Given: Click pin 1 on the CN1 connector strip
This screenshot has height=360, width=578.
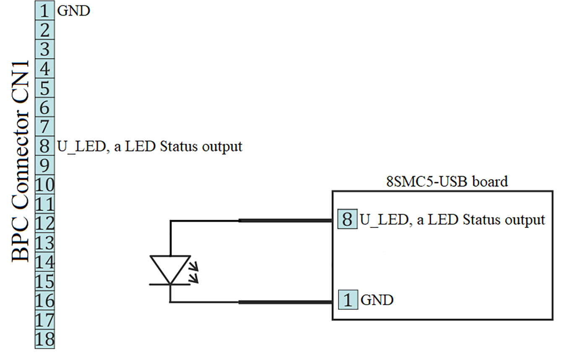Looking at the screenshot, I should point(44,10).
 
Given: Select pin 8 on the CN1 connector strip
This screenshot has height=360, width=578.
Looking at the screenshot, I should point(44,146).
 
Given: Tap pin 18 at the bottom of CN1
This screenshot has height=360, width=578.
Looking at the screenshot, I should point(44,339).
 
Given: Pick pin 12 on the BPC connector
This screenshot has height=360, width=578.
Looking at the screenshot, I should point(44,223).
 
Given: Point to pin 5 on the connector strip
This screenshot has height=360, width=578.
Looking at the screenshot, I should point(44,88).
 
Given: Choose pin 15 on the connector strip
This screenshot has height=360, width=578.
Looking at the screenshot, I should point(44,281).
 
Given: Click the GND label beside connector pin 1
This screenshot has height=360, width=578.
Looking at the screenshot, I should point(73,10).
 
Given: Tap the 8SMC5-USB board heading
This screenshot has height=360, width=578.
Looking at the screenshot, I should point(447,181).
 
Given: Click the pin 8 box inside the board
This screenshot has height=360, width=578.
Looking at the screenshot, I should point(347,219).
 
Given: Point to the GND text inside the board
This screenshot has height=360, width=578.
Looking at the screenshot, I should point(377,300).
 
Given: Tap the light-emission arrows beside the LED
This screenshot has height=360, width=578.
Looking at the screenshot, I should point(194,271).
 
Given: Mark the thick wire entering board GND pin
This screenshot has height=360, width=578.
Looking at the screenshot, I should point(285,302).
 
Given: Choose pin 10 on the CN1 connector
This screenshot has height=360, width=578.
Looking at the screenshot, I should point(44,184).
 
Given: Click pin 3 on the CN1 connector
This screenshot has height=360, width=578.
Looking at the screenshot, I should point(44,49).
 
